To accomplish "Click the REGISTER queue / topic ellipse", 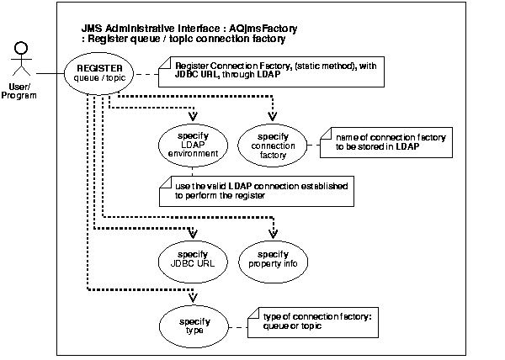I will [100, 73].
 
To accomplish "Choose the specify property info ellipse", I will [272, 257].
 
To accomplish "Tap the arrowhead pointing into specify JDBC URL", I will [194, 235].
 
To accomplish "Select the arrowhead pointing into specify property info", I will [273, 235].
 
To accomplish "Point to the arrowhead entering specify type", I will [194, 300].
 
